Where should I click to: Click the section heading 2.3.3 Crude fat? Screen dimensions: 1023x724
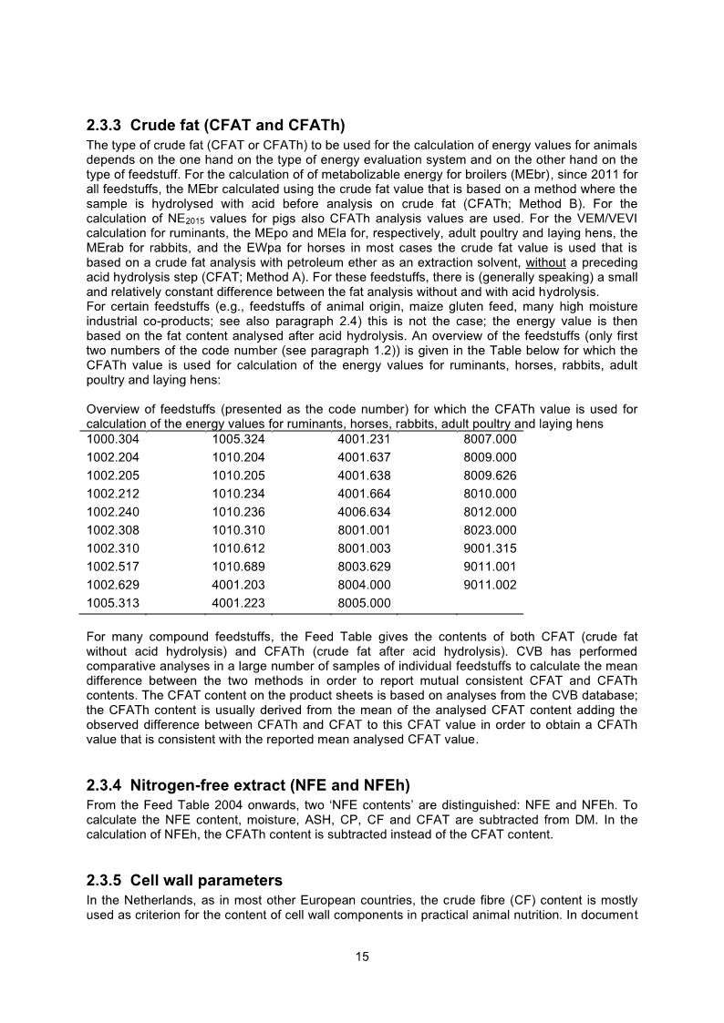[214, 125]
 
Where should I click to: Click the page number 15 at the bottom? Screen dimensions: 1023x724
[362, 957]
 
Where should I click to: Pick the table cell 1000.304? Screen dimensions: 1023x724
[112, 438]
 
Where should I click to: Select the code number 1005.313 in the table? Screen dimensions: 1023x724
[112, 602]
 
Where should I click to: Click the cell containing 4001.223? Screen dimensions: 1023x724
[237, 602]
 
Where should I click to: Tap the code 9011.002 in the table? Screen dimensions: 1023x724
[490, 584]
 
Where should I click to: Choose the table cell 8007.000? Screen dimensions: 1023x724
[490, 438]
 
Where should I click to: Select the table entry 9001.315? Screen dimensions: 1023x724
[490, 547]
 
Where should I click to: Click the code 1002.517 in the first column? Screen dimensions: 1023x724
[112, 566]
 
